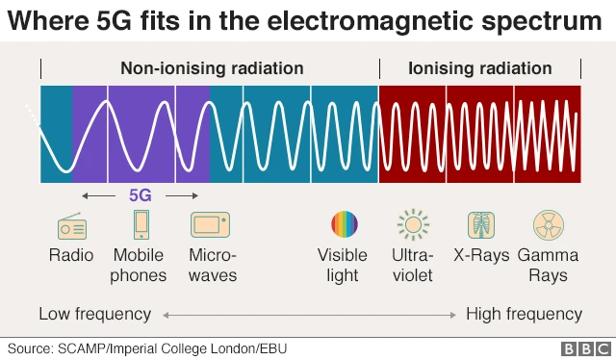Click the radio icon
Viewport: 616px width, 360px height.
click(x=72, y=227)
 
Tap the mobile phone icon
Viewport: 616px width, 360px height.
click(x=141, y=225)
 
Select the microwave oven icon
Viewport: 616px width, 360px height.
click(x=210, y=225)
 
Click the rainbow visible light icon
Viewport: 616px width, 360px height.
click(x=345, y=225)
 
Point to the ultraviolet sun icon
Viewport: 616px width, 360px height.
click(x=413, y=225)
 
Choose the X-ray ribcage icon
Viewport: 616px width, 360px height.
click(x=480, y=225)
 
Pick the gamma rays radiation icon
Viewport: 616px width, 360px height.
click(x=548, y=225)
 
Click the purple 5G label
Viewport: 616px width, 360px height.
click(x=141, y=195)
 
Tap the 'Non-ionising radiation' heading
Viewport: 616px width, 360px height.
click(x=212, y=68)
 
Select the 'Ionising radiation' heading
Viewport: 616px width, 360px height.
click(x=480, y=68)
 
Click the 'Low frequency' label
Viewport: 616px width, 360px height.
click(x=94, y=314)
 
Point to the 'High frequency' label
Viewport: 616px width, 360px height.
click(x=524, y=314)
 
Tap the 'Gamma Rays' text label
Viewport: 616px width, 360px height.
click(x=548, y=265)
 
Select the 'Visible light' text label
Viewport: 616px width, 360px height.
click(x=343, y=265)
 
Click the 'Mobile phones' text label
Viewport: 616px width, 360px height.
click(x=140, y=265)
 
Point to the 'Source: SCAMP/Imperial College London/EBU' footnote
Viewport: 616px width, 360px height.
click(x=147, y=347)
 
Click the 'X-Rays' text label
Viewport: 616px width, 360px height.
click(x=480, y=255)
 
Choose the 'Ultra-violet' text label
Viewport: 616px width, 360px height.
click(x=413, y=265)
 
